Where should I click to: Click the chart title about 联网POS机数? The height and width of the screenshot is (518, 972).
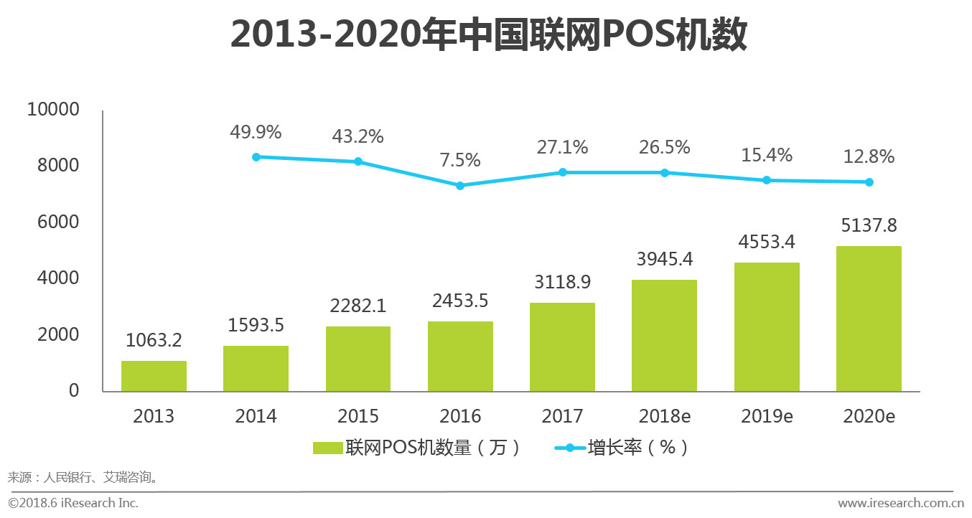tap(488, 35)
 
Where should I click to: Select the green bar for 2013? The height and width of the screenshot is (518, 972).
tap(154, 376)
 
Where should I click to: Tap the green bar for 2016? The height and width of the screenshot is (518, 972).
tap(460, 357)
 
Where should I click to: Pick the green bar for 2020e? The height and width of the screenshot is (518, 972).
tap(869, 319)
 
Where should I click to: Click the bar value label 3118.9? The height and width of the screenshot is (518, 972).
tap(562, 283)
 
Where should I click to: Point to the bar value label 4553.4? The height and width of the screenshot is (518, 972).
tap(767, 242)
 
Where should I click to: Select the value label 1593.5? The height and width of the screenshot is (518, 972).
tap(256, 325)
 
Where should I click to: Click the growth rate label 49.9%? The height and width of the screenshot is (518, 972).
tap(256, 133)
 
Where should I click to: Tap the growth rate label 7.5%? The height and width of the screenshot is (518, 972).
tap(460, 160)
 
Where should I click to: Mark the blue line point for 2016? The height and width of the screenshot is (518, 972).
tap(460, 186)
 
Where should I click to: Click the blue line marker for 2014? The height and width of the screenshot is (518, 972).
tap(256, 156)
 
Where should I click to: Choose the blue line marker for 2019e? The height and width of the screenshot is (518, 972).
tap(767, 180)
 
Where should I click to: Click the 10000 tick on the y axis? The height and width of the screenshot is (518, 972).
tap(52, 110)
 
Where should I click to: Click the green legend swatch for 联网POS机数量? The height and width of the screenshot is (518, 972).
tap(327, 448)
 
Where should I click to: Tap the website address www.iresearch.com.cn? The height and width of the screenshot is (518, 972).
tap(900, 503)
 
